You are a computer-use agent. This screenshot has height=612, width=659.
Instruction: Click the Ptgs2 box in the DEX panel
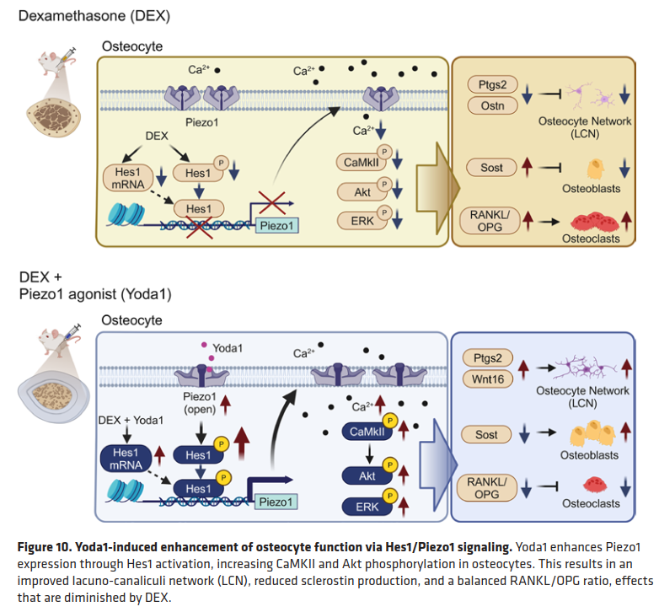pos(490,85)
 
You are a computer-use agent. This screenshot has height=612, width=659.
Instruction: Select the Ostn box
pos(490,106)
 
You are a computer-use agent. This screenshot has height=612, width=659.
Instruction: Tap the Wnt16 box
pos(486,379)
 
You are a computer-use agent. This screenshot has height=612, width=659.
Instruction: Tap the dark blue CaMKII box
pos(363,432)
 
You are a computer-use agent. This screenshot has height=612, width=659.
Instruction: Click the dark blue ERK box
pos(363,507)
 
